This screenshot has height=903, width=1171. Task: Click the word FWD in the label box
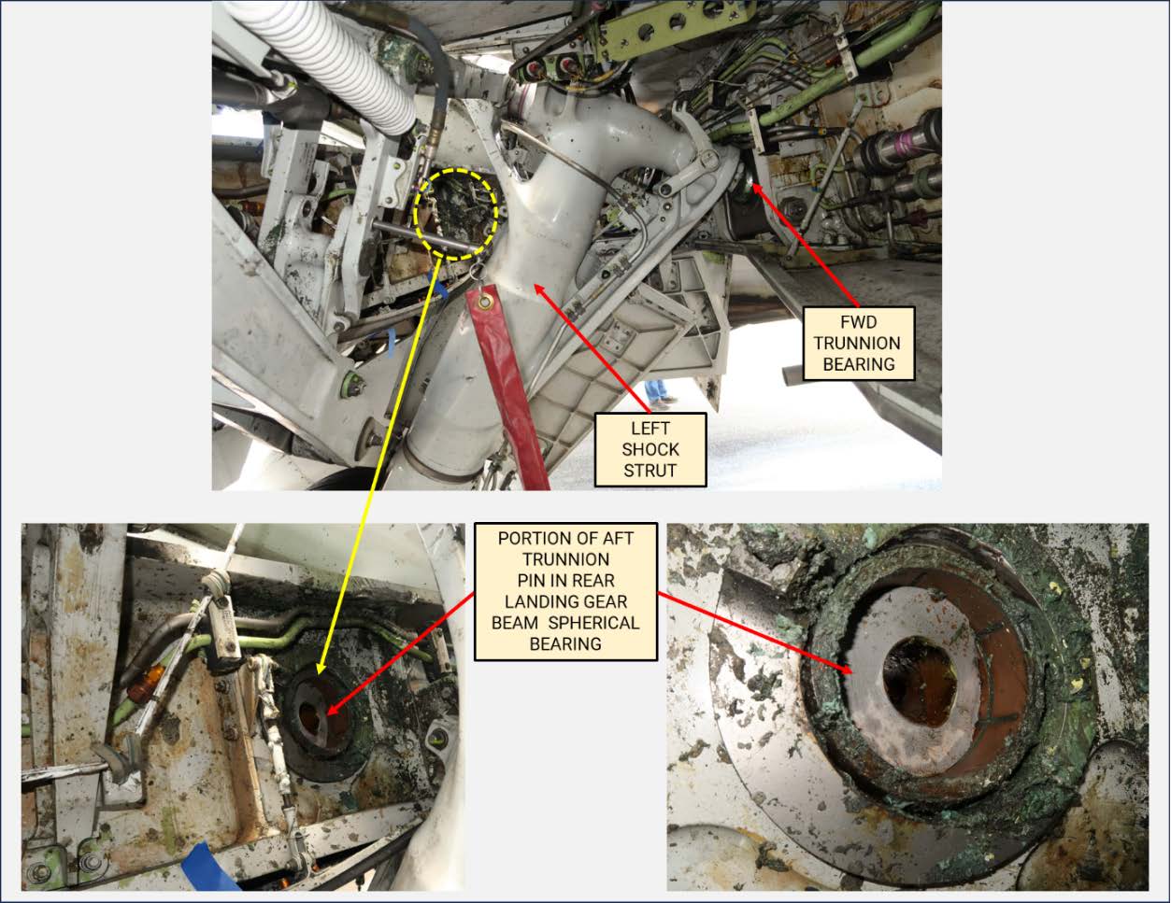pyautogui.click(x=858, y=322)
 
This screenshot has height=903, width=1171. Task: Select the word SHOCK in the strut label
pyautogui.click(x=650, y=449)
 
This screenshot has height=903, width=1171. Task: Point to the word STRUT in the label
pyautogui.click(x=650, y=470)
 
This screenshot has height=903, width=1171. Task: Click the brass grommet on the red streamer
pyautogui.click(x=484, y=303)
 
